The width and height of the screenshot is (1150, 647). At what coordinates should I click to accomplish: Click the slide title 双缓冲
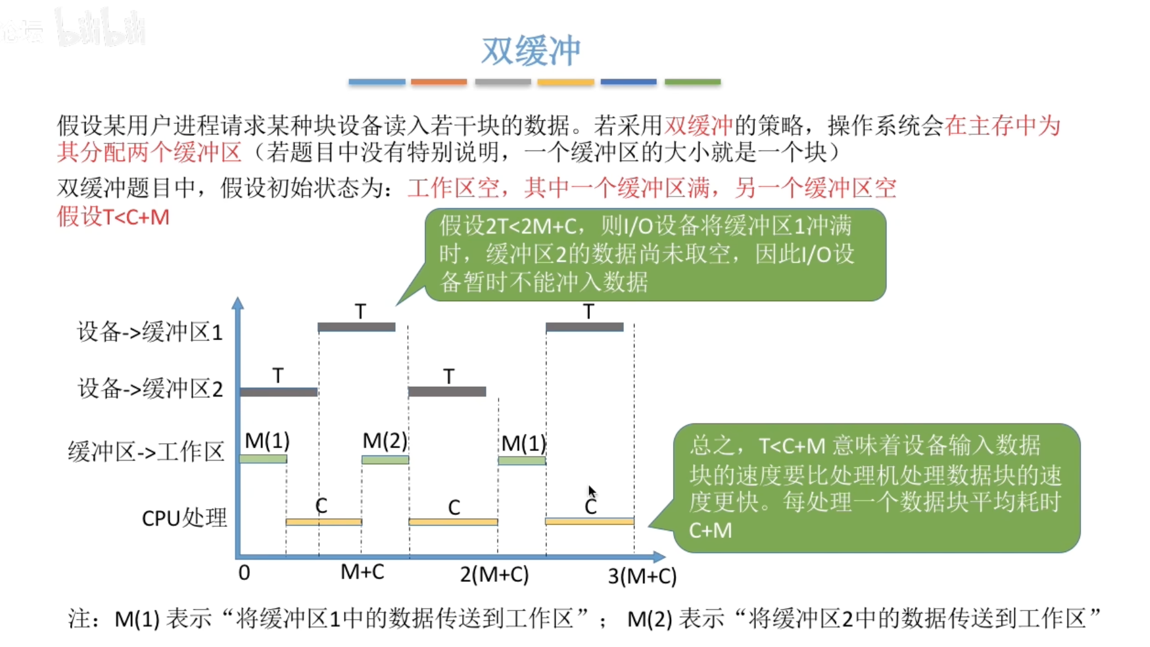(531, 51)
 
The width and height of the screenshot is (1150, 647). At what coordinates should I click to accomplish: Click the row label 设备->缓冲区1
(149, 332)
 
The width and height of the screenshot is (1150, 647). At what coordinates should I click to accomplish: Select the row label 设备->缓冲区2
(150, 389)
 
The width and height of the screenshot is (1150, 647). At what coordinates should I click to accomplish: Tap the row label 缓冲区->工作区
(146, 451)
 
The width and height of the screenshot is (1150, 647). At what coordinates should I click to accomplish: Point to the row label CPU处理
(184, 517)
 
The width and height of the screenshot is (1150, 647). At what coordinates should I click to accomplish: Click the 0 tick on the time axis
(244, 573)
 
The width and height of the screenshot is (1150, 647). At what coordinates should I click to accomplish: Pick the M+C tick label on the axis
(362, 571)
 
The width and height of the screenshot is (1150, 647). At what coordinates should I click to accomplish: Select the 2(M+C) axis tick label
(494, 574)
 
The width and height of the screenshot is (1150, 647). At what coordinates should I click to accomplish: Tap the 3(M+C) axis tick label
(642, 576)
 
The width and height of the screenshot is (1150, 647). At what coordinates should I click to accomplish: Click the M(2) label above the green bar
(385, 441)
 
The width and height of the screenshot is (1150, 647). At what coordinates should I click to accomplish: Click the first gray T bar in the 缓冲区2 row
(279, 392)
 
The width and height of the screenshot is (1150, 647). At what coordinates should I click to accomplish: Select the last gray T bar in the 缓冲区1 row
(584, 327)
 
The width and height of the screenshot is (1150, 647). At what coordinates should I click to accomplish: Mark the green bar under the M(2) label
(385, 460)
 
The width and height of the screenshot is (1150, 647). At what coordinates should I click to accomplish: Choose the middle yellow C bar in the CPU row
(453, 522)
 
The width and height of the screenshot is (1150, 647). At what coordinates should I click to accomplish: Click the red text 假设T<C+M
(113, 217)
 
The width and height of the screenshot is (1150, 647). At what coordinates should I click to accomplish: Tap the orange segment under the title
(439, 82)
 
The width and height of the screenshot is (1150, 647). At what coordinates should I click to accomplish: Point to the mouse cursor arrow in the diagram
(592, 492)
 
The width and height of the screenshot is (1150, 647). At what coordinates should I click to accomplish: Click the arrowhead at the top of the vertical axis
(238, 303)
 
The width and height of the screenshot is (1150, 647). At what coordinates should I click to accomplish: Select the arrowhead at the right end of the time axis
(659, 557)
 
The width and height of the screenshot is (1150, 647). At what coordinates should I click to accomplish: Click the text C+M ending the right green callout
(710, 530)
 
